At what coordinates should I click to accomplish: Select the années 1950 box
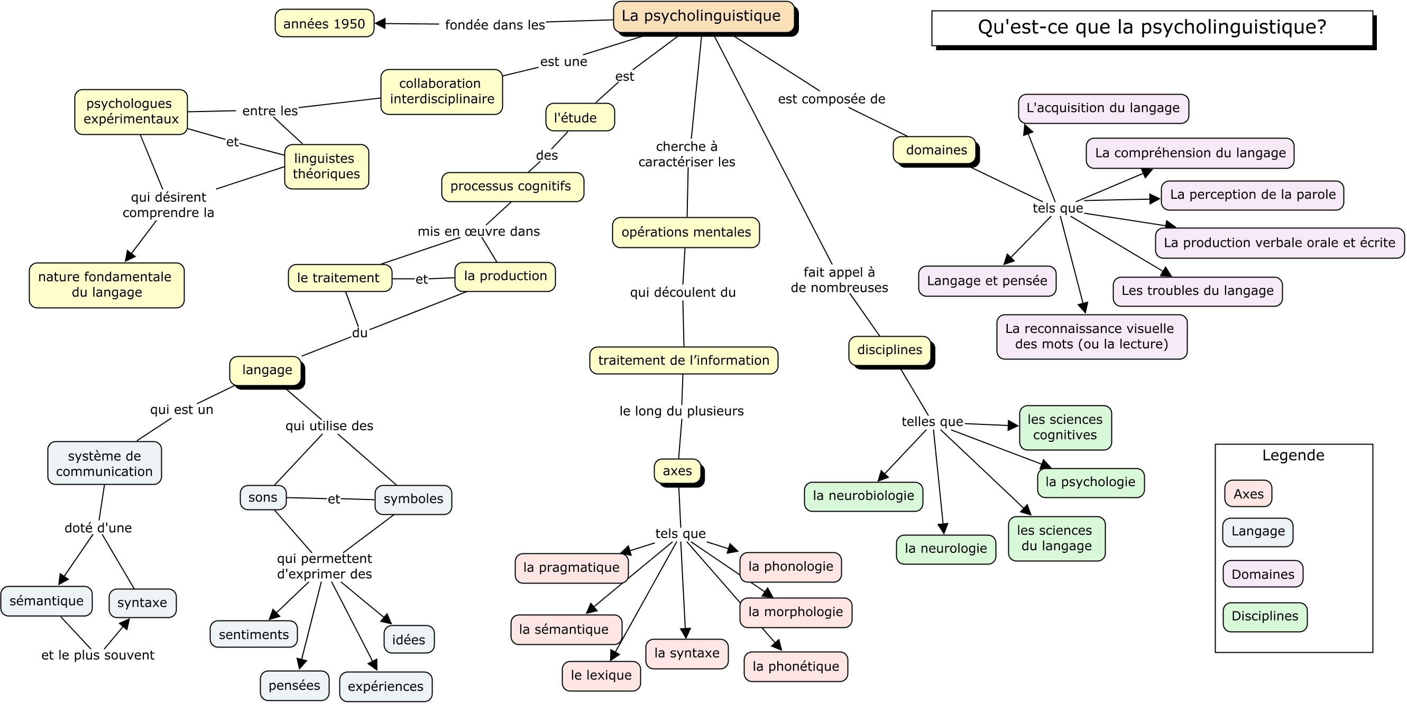pos(325,23)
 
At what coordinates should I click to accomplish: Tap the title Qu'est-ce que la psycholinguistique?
pos(1152,27)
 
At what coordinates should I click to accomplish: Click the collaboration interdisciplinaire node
pos(442,92)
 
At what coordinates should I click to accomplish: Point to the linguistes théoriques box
pos(327,166)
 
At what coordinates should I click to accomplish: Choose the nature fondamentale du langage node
pos(106,285)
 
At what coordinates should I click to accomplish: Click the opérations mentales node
pos(686,233)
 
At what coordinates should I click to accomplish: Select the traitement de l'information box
pos(684,360)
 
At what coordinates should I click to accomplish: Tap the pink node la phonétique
pos(796,666)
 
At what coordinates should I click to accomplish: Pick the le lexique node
pos(601,675)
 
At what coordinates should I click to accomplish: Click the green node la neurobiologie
pos(863,496)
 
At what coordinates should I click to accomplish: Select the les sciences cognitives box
pos(1065,428)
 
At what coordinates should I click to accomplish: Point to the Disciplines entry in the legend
pos(1265,617)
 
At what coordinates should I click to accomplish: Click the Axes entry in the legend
pos(1248,494)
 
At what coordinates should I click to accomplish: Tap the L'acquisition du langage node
pos(1103,109)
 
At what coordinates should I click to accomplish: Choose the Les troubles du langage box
pos(1198,292)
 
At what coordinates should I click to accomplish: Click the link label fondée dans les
pos(495,25)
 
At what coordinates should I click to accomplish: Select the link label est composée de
pos(831,99)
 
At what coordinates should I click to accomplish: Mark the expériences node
pos(385,687)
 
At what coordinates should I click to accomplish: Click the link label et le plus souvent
pos(98,655)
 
